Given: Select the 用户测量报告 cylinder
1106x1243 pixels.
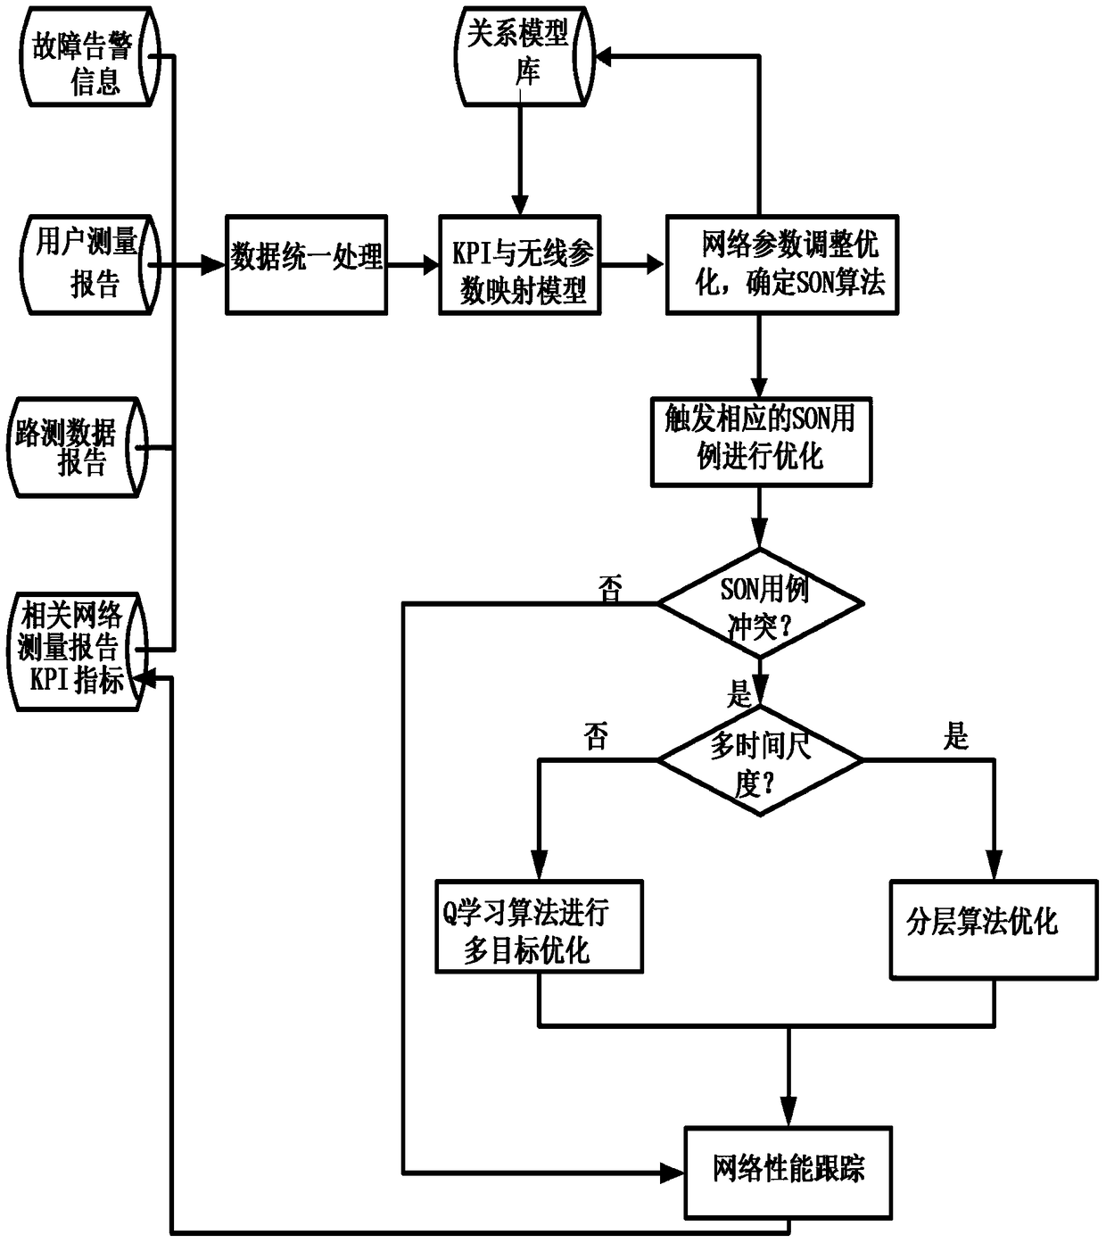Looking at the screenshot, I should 88,264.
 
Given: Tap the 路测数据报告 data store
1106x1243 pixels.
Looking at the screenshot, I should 77,447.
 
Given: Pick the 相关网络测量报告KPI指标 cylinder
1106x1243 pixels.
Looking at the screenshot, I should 77,651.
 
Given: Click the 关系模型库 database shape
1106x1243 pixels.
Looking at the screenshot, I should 522,57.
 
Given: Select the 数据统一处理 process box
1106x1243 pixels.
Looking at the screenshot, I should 306,264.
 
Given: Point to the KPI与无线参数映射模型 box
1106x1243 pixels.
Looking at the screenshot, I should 520,265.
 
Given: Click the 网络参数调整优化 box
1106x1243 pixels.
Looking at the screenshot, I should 782,265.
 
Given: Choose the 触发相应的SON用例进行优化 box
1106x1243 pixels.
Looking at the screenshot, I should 761,442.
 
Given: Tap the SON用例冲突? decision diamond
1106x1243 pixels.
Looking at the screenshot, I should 760,604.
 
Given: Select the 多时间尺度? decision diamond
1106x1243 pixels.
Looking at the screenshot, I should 760,760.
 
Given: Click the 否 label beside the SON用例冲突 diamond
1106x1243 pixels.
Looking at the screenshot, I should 610,589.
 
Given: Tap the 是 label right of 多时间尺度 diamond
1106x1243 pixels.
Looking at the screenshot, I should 955,737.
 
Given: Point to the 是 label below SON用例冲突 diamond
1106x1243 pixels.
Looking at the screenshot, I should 739,693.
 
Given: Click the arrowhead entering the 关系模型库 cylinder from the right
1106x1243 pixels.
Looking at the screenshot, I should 604,57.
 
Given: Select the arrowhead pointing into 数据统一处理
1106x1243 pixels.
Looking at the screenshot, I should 214,265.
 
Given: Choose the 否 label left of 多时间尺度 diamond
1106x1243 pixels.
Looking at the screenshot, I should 596,737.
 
